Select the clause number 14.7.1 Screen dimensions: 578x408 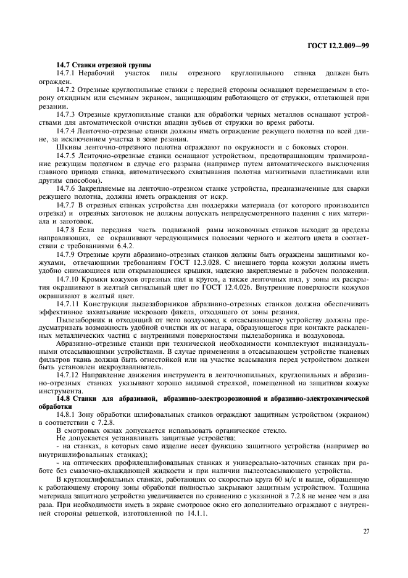pos(66,73)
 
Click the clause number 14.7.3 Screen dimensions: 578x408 pos(66,114)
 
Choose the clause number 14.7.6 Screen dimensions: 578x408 pos(66,186)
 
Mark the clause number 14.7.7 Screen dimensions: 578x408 pos(66,203)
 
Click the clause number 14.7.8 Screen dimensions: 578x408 pos(66,228)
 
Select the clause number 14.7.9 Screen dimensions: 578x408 pos(66,253)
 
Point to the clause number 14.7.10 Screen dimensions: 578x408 pos(68,279)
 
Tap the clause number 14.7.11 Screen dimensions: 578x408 pos(68,303)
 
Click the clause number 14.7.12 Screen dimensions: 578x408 pos(68,375)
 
